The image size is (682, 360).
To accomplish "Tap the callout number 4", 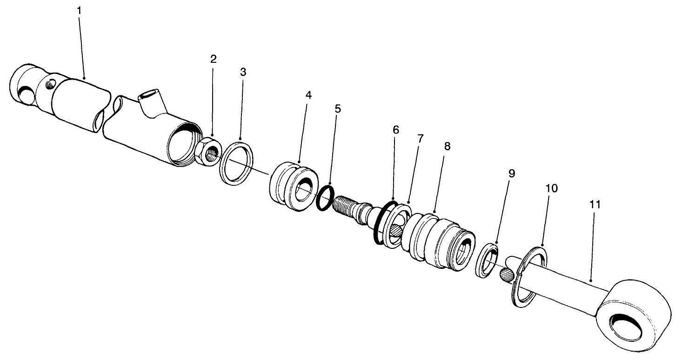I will click(x=308, y=94).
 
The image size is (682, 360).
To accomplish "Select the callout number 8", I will click(x=447, y=146).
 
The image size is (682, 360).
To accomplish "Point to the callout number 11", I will click(x=596, y=204).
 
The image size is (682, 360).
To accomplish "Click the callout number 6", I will click(x=395, y=130).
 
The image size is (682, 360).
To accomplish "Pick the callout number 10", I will click(x=552, y=188).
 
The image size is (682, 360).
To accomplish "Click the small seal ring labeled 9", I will click(x=488, y=260).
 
